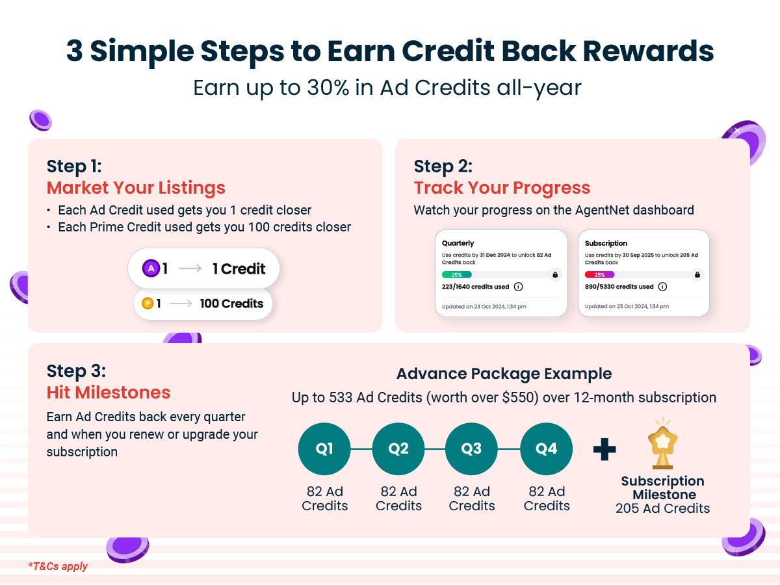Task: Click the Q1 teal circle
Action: [324, 448]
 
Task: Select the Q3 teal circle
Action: [471, 448]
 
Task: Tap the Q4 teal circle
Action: [546, 448]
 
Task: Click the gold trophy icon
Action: [662, 443]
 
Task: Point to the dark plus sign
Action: [604, 449]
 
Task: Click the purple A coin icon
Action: [151, 268]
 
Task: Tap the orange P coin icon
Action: [148, 304]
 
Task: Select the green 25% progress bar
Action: [457, 274]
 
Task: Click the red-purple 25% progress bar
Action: [599, 274]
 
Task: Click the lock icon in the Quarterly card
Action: [555, 274]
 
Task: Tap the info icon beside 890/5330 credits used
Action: [662, 287]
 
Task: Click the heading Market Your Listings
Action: [136, 188]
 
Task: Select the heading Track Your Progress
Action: [502, 188]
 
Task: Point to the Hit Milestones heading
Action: [109, 393]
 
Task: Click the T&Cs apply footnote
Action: [58, 565]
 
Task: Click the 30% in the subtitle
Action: [328, 87]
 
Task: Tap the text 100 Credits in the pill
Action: [231, 304]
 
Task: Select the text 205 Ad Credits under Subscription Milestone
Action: [663, 508]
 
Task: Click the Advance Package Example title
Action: [504, 374]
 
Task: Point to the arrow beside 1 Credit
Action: [190, 268]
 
